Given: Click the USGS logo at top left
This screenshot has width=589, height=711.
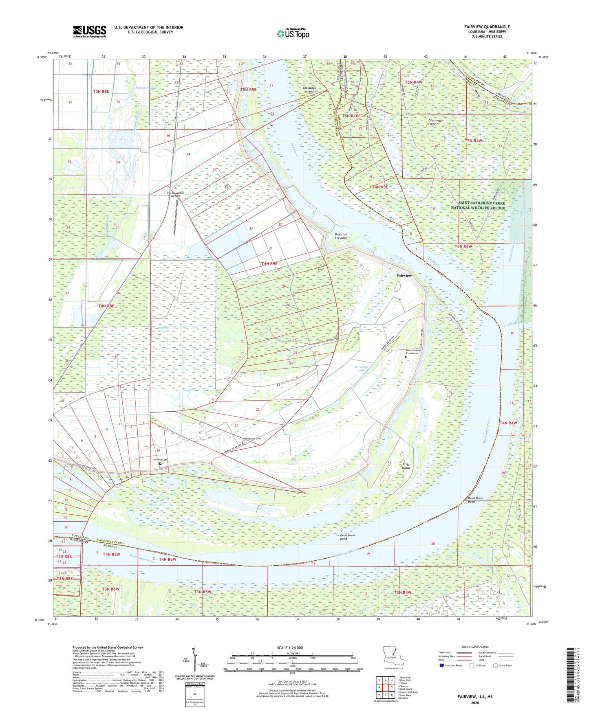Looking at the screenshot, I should (x=90, y=31).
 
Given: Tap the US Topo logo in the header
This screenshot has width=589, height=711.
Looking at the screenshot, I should (x=293, y=33).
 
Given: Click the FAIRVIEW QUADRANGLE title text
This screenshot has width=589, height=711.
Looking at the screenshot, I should (x=487, y=27).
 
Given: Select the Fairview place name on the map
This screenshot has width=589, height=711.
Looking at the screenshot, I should (x=404, y=276).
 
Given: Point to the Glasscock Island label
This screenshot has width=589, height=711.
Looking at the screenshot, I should (x=309, y=90).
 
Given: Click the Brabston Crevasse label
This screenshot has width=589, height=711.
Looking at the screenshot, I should (x=341, y=236).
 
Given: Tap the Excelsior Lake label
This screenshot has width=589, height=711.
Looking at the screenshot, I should (x=361, y=369).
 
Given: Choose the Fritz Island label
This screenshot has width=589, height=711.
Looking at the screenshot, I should (x=406, y=466).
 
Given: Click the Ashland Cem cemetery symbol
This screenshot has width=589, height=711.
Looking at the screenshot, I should (x=160, y=463).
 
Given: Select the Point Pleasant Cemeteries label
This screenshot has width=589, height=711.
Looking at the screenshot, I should (x=413, y=352).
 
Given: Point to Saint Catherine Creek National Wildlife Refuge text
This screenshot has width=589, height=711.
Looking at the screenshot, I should (x=481, y=205).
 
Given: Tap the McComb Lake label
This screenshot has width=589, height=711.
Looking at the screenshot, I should (x=146, y=88).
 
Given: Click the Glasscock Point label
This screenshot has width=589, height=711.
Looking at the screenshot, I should (x=435, y=122).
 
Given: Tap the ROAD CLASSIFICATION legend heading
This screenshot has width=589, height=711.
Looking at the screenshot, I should (x=474, y=647).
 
